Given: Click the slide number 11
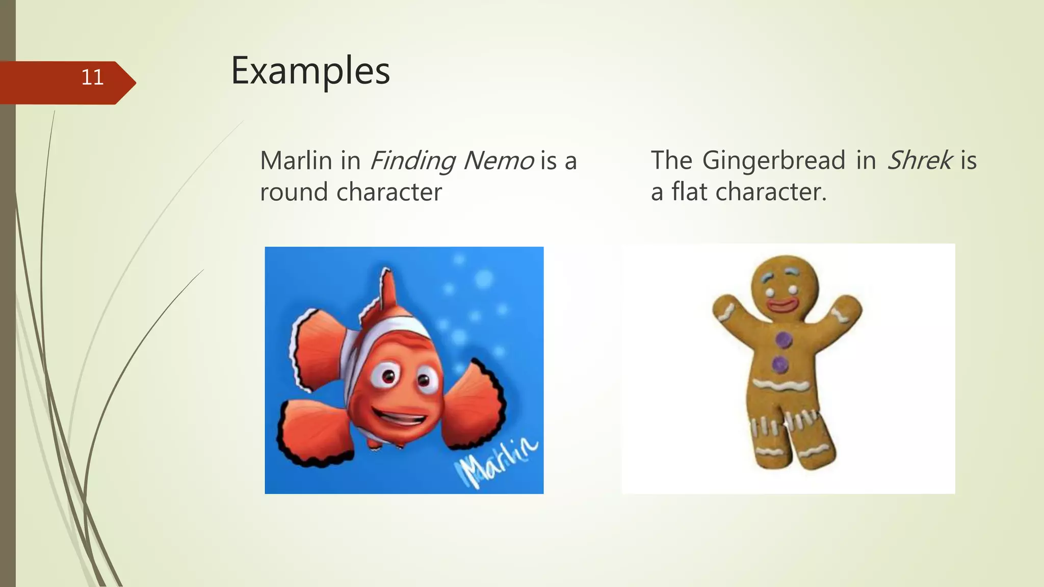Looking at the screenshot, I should (x=92, y=77).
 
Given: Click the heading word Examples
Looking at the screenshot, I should (x=310, y=71).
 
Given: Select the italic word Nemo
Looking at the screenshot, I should (x=499, y=161).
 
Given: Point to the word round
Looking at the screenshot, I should (x=294, y=193).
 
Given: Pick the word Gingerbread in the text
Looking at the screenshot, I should (x=774, y=161).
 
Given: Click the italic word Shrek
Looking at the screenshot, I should (x=920, y=161).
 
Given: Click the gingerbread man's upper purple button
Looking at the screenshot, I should (x=784, y=339).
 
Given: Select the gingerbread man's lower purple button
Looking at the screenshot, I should (x=780, y=364).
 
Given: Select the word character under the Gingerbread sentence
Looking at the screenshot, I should (x=771, y=193).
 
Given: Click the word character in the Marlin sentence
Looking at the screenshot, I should (x=389, y=193).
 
